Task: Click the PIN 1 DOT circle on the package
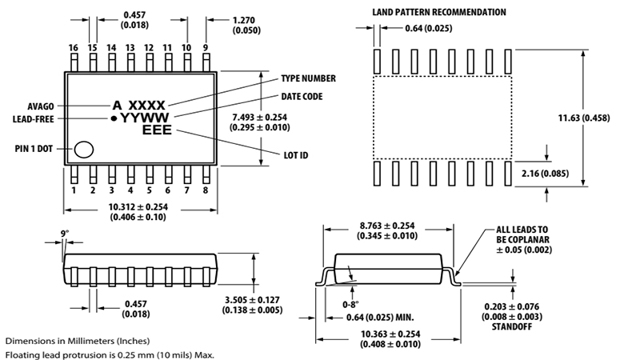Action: coord(84,149)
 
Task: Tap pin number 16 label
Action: coord(74,48)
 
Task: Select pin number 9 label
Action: coord(206,48)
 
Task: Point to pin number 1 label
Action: coord(74,190)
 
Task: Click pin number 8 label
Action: coord(206,190)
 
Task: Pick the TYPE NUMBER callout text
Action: coord(307,79)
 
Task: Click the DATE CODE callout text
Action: coord(301,97)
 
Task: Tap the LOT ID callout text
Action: coord(296,155)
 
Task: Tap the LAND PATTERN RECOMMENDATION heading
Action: coord(439,12)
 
